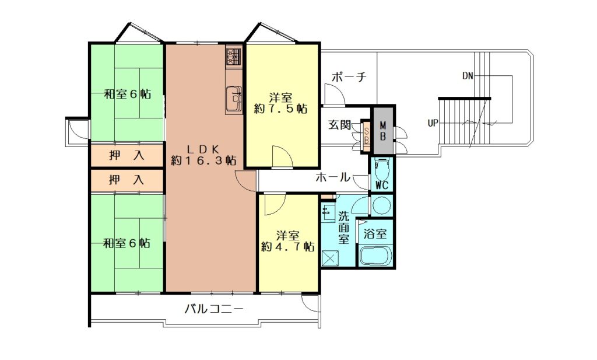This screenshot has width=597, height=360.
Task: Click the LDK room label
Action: tap(203, 154)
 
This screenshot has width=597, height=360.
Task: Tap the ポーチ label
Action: tap(349, 77)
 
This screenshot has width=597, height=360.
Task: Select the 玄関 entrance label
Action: tap(339, 125)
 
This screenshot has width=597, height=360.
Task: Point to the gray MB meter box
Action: tap(383, 130)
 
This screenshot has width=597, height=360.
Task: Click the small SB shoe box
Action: tap(366, 135)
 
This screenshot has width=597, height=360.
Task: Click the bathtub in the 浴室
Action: tap(375, 256)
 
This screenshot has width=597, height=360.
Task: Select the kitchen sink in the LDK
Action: tap(234, 99)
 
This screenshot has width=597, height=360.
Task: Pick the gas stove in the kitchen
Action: tap(233, 57)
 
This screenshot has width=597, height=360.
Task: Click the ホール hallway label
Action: tap(332, 177)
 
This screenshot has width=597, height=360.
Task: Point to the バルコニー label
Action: tap(214, 309)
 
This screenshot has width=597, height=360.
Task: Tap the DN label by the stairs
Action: tap(468, 76)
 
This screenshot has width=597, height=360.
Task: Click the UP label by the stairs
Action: tap(433, 124)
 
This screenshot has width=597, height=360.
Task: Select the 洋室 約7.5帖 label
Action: tap(281, 103)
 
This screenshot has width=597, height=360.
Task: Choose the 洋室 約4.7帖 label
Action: tap(287, 241)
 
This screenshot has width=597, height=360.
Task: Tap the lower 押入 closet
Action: tap(127, 180)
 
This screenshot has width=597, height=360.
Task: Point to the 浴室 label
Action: tap(375, 233)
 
